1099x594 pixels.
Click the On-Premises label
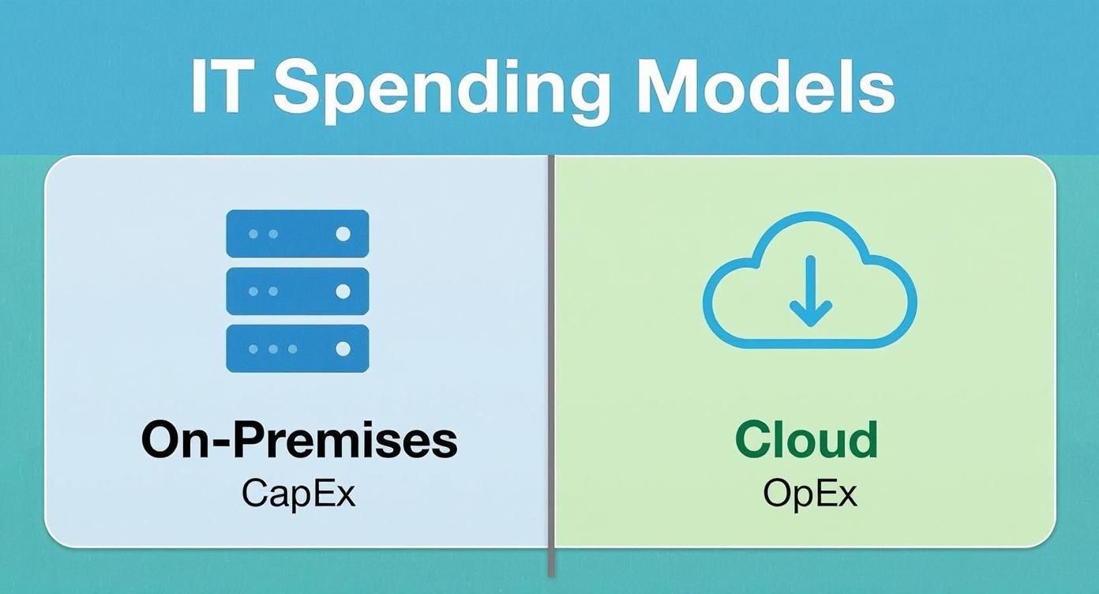tap(299, 439)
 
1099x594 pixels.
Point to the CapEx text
tap(298, 494)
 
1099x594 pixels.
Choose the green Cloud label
tap(806, 439)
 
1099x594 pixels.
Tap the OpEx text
tap(809, 494)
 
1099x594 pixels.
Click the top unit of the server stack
tap(298, 234)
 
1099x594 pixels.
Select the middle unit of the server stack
tap(298, 291)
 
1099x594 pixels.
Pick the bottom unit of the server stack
tap(298, 348)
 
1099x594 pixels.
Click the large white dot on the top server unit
tap(343, 234)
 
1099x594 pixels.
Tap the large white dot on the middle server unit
tap(343, 291)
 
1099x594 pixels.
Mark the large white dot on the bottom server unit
tap(343, 348)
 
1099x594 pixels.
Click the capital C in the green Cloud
tap(755, 439)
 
